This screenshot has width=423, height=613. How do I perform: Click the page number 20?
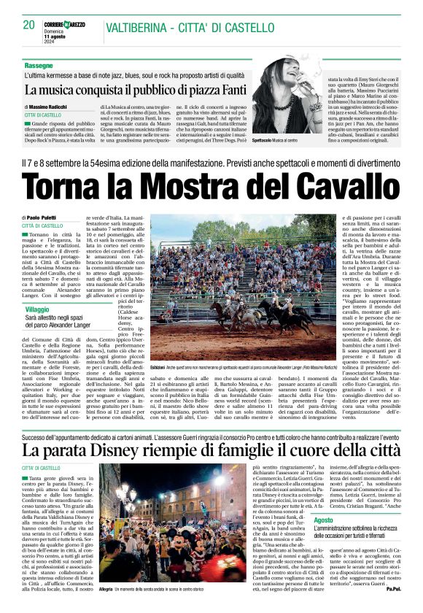29,25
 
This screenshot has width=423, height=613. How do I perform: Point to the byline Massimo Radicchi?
61,107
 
